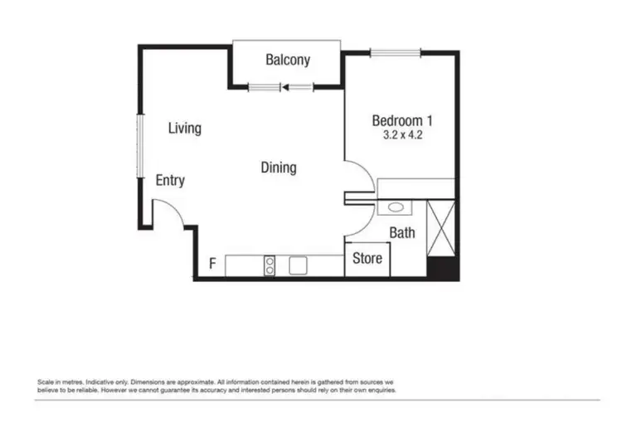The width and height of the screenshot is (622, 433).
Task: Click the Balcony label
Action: [288, 60]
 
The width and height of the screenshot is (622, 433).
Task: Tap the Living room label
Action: [184, 129]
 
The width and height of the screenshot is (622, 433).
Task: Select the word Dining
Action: [279, 168]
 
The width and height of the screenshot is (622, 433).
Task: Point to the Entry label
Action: [170, 181]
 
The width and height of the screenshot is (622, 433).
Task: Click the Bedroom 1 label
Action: [402, 119]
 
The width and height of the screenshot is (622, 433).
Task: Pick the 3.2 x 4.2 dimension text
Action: [402, 134]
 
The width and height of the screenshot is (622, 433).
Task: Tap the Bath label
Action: [402, 233]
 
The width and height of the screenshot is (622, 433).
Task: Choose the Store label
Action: [367, 258]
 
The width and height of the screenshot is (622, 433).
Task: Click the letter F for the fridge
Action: [212, 265]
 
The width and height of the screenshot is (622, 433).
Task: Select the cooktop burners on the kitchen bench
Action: [270, 265]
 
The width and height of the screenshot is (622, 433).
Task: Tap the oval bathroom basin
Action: [396, 207]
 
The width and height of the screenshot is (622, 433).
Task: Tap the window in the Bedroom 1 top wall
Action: [396, 53]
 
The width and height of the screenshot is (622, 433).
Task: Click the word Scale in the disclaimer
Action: [46, 381]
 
